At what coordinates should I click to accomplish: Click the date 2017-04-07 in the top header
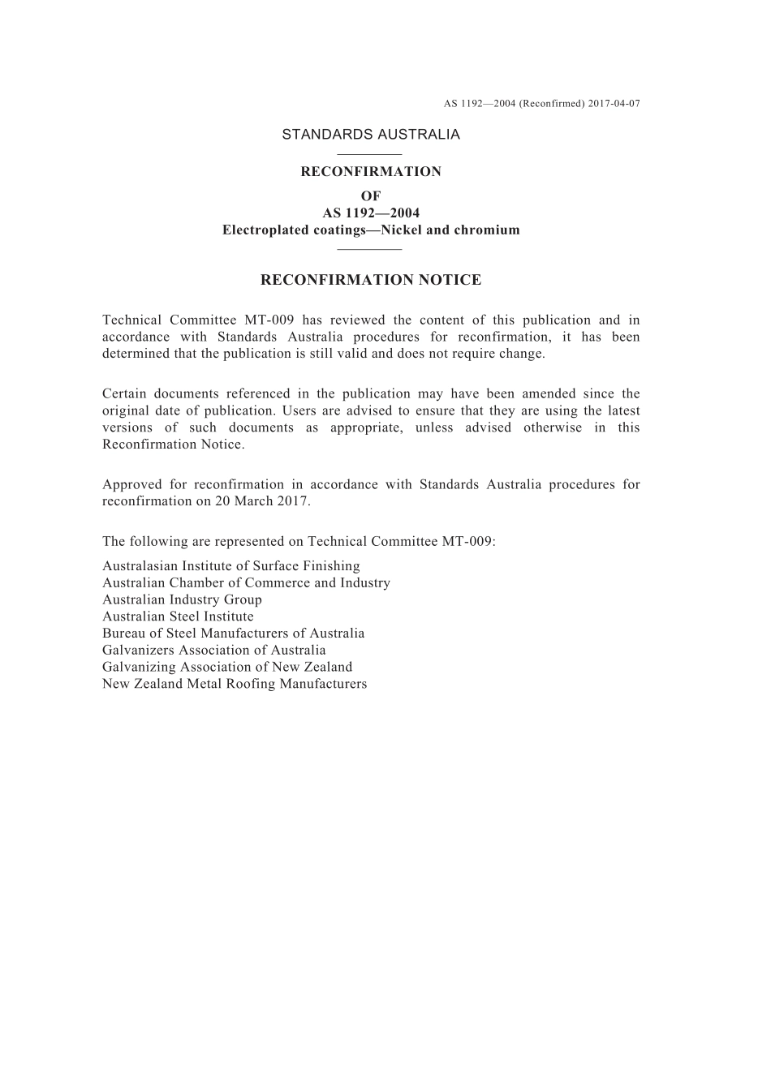point(614,104)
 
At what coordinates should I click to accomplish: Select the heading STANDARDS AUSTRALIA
point(371,135)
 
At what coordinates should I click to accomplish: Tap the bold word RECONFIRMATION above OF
point(371,172)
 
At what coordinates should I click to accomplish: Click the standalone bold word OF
point(371,196)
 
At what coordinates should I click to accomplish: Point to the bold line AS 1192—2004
point(371,213)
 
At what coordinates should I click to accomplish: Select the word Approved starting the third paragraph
point(132,485)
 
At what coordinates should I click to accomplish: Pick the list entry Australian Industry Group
point(182,600)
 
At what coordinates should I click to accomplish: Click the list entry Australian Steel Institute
point(178,617)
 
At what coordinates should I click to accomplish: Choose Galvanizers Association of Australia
point(213,651)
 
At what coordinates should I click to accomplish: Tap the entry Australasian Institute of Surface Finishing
point(230,566)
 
